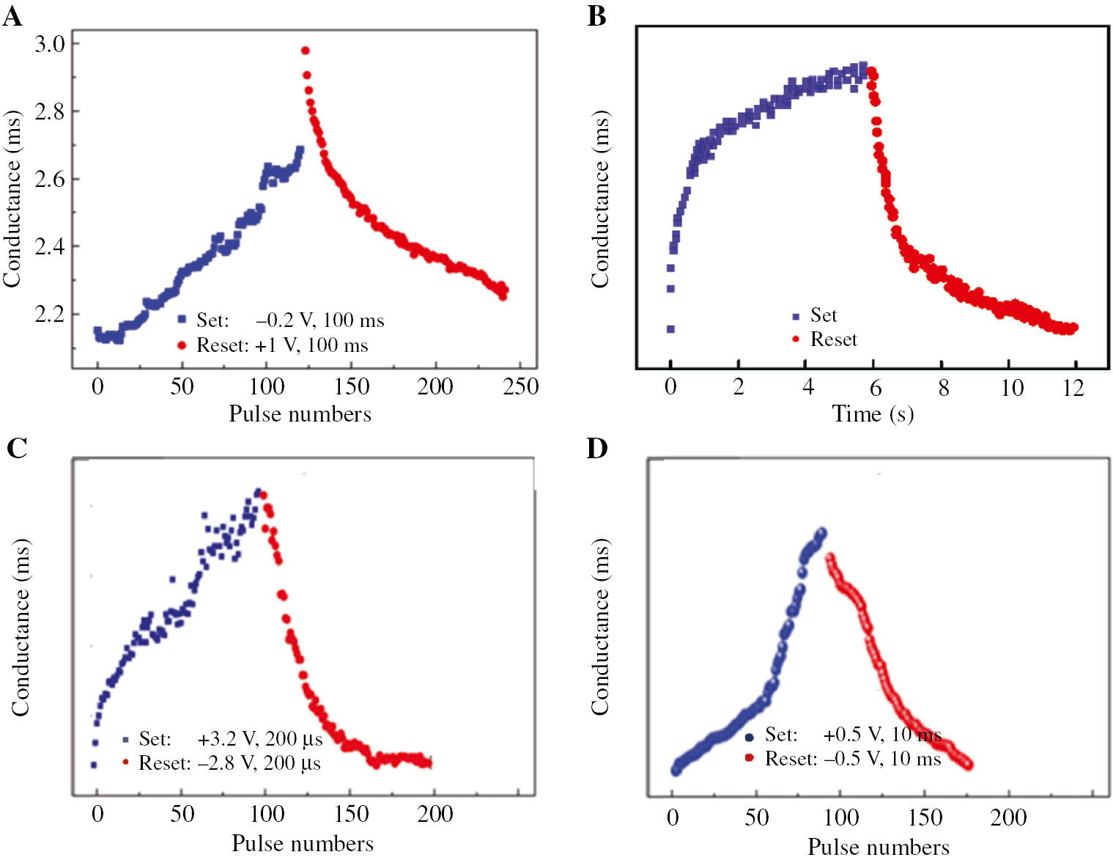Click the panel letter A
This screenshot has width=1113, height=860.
click(x=12, y=15)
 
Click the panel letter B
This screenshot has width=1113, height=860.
click(x=597, y=15)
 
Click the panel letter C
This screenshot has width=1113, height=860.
click(x=17, y=447)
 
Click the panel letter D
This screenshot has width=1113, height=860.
click(x=597, y=447)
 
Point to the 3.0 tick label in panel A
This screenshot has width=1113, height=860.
click(x=50, y=43)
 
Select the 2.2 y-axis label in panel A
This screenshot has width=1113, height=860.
click(x=50, y=314)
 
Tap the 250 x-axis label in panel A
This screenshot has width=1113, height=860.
click(x=520, y=386)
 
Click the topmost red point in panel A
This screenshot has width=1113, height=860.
click(x=306, y=51)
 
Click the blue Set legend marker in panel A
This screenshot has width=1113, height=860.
click(x=182, y=319)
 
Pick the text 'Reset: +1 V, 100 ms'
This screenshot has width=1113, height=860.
click(x=282, y=345)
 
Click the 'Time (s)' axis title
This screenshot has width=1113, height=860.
click(x=873, y=414)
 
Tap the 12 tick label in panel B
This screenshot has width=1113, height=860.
click(x=1073, y=387)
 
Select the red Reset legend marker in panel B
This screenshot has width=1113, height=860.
click(x=796, y=339)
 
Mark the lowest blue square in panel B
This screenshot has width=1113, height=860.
click(x=670, y=329)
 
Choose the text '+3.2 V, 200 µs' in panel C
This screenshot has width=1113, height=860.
click(x=260, y=738)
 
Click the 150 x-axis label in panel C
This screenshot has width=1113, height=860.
click(x=351, y=813)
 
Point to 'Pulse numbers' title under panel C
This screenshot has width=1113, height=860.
click(x=303, y=843)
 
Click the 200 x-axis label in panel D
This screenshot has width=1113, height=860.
click(x=1008, y=817)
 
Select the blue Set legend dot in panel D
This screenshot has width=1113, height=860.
click(x=749, y=737)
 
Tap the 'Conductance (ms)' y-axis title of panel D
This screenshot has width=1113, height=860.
click(x=600, y=627)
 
